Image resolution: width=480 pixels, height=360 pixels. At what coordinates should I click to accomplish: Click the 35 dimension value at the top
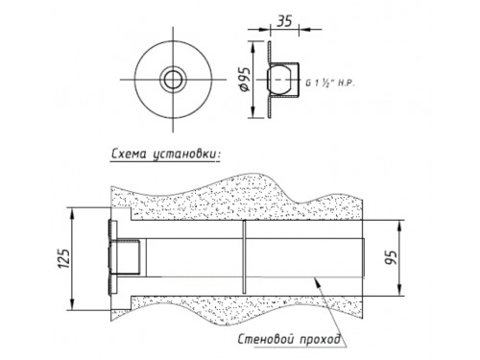tap(284, 21)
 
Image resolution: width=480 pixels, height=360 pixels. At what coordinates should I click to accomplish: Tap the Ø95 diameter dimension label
tap(245, 80)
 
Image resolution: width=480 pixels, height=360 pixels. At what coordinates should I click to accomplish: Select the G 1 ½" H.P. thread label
tap(330, 84)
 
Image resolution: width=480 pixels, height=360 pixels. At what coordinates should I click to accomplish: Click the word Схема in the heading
tap(129, 154)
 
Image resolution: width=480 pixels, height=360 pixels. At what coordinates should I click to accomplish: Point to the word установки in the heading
tap(186, 155)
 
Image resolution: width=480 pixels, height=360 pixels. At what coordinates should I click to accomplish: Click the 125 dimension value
tap(64, 258)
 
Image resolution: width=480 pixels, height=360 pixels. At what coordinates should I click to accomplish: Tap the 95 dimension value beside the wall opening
tap(391, 257)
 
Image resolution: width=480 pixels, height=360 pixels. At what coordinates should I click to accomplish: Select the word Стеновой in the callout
tap(266, 339)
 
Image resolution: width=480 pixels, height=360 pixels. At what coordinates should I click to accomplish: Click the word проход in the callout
tap(320, 339)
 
